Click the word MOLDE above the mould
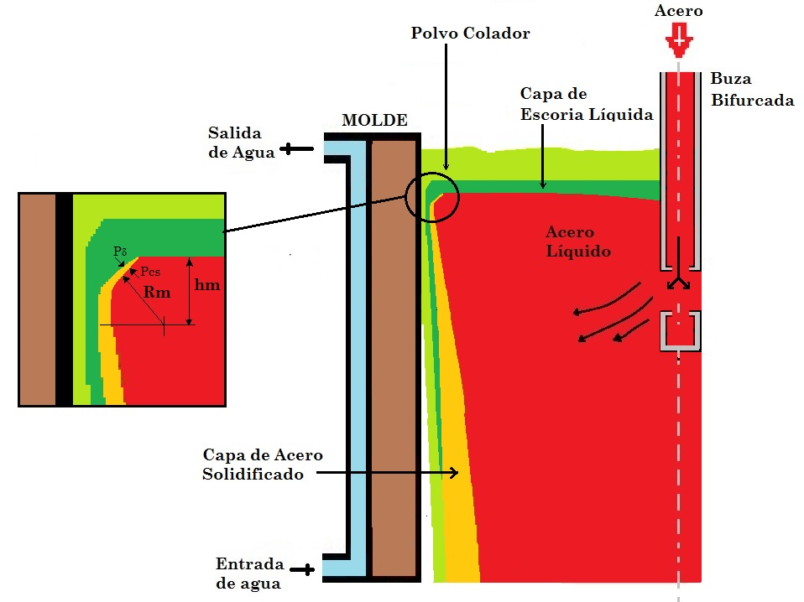pyautogui.click(x=374, y=121)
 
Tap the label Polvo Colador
pyautogui.click(x=470, y=34)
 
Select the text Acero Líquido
pyautogui.click(x=577, y=241)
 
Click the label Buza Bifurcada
pyautogui.click(x=751, y=89)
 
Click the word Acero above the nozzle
pyautogui.click(x=678, y=11)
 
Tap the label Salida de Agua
pyautogui.click(x=235, y=143)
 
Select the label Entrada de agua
pyautogui.click(x=248, y=573)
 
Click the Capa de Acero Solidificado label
pyautogui.click(x=263, y=464)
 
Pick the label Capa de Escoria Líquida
pyautogui.click(x=586, y=103)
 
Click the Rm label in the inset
pyautogui.click(x=157, y=293)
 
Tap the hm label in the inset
pyautogui.click(x=207, y=285)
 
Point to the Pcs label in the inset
pyautogui.click(x=151, y=272)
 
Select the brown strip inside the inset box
pyautogui.click(x=38, y=299)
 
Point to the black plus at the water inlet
pyautogui.click(x=307, y=570)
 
